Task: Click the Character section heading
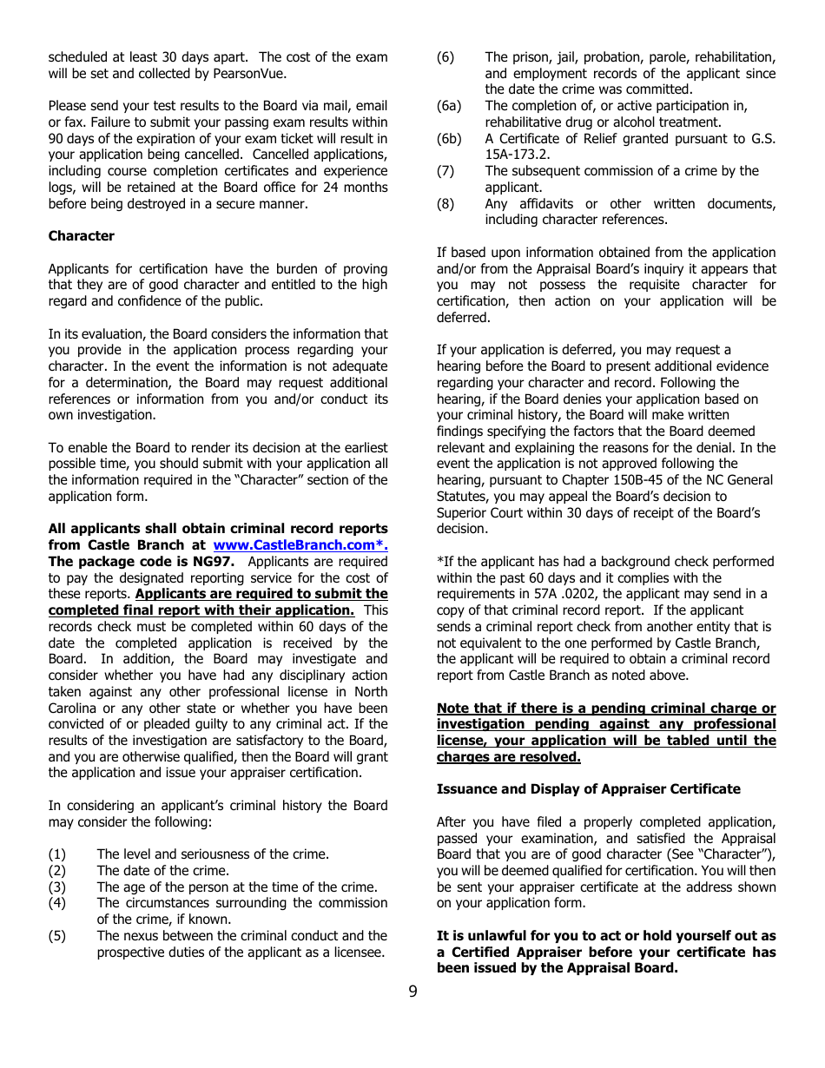click(x=81, y=236)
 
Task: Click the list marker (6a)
click(x=448, y=106)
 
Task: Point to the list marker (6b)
click(x=448, y=139)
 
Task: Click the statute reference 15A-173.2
click(x=521, y=155)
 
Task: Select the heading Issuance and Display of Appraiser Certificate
click(x=588, y=789)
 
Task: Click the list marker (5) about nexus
click(x=56, y=936)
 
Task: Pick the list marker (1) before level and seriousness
click(x=56, y=854)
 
